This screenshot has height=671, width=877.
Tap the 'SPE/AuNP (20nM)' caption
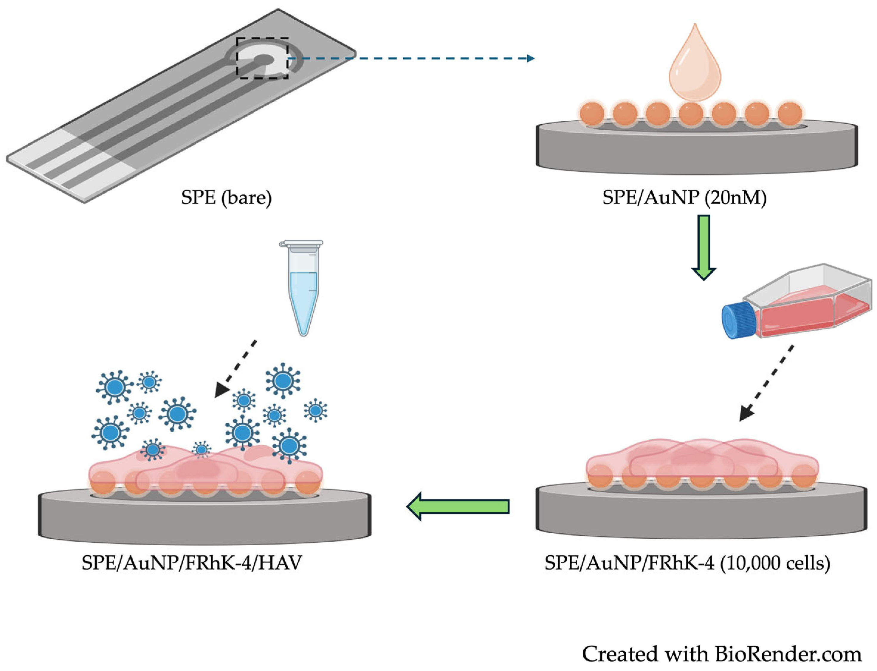click(684, 197)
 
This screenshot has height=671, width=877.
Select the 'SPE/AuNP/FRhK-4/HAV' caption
click(192, 563)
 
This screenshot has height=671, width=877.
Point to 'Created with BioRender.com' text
click(721, 654)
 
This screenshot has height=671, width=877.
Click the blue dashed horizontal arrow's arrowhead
click(530, 59)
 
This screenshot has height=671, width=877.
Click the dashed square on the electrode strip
click(262, 58)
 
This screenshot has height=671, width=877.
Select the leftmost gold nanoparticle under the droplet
click(591, 114)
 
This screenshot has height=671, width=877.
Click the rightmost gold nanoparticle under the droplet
click(790, 114)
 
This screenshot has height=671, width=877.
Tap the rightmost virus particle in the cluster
click(315, 410)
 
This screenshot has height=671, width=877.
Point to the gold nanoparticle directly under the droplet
click(690, 114)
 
